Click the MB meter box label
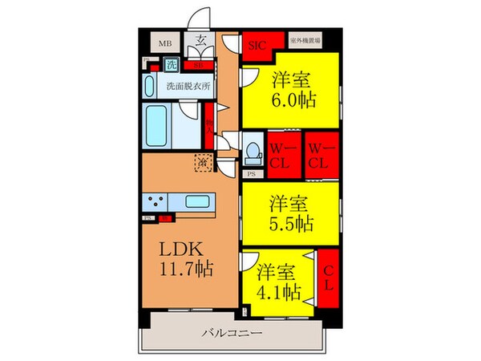point(164,44)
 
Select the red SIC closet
point(257,44)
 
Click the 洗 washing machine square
point(172,64)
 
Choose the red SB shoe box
point(199,64)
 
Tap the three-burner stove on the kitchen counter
point(155,201)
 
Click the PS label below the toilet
point(251,172)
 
